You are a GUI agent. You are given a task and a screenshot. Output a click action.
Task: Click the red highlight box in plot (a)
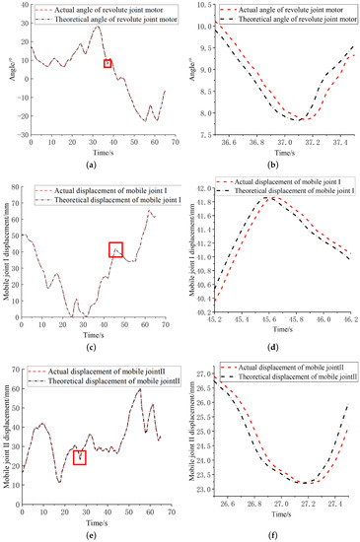pos(108,63)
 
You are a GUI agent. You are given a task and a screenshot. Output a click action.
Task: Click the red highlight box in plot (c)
pos(116,250)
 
